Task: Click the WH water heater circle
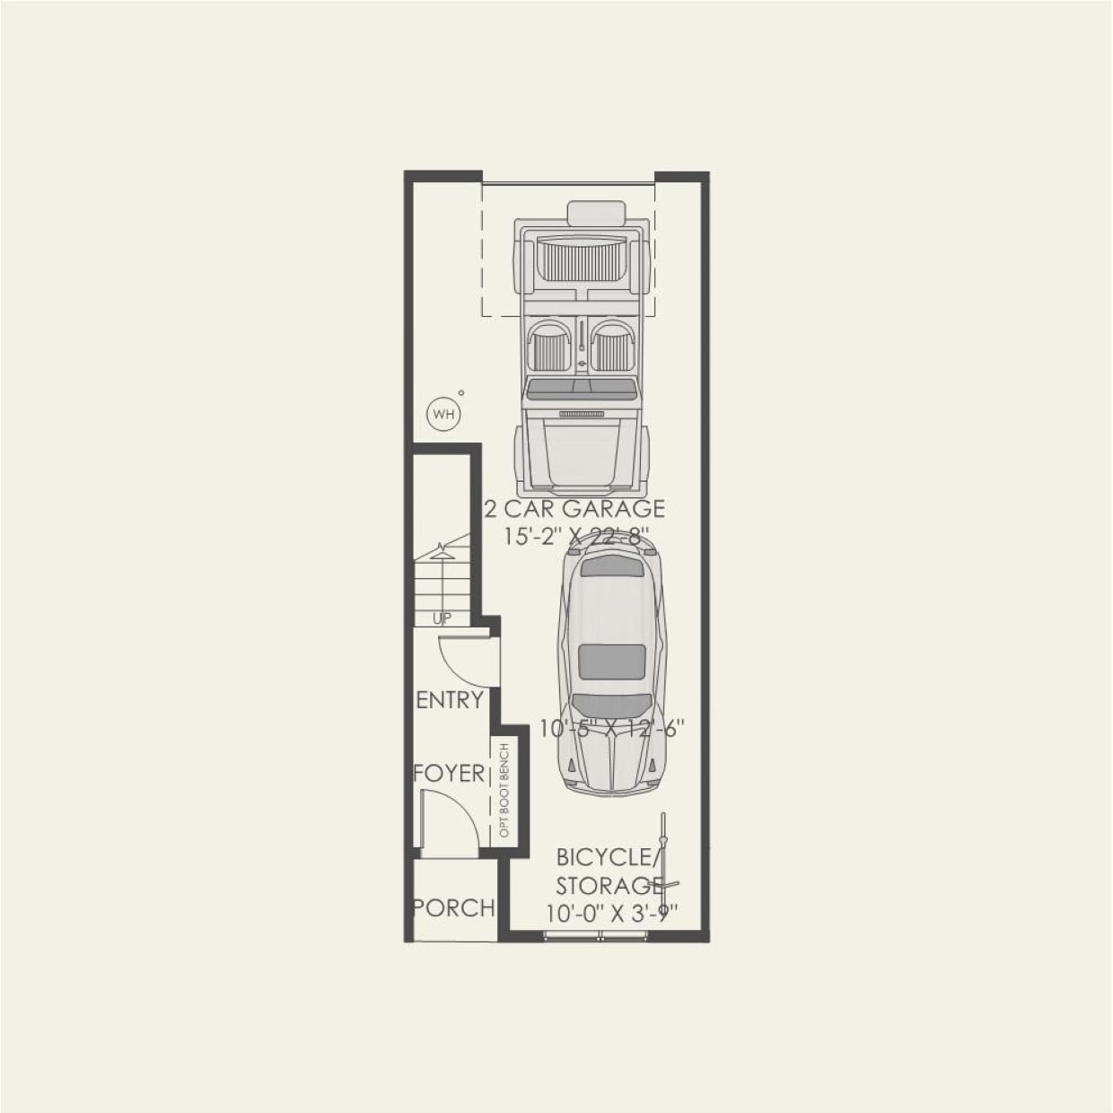443,414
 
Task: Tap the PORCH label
454,907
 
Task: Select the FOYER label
449,773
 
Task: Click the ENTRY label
450,700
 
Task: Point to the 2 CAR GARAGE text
575,509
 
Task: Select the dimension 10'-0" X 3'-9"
611,913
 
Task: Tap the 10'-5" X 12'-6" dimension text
611,728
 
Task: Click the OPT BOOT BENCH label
504,791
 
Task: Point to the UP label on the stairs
442,618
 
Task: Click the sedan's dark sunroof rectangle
612,662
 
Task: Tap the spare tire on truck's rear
596,214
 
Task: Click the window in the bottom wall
597,936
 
